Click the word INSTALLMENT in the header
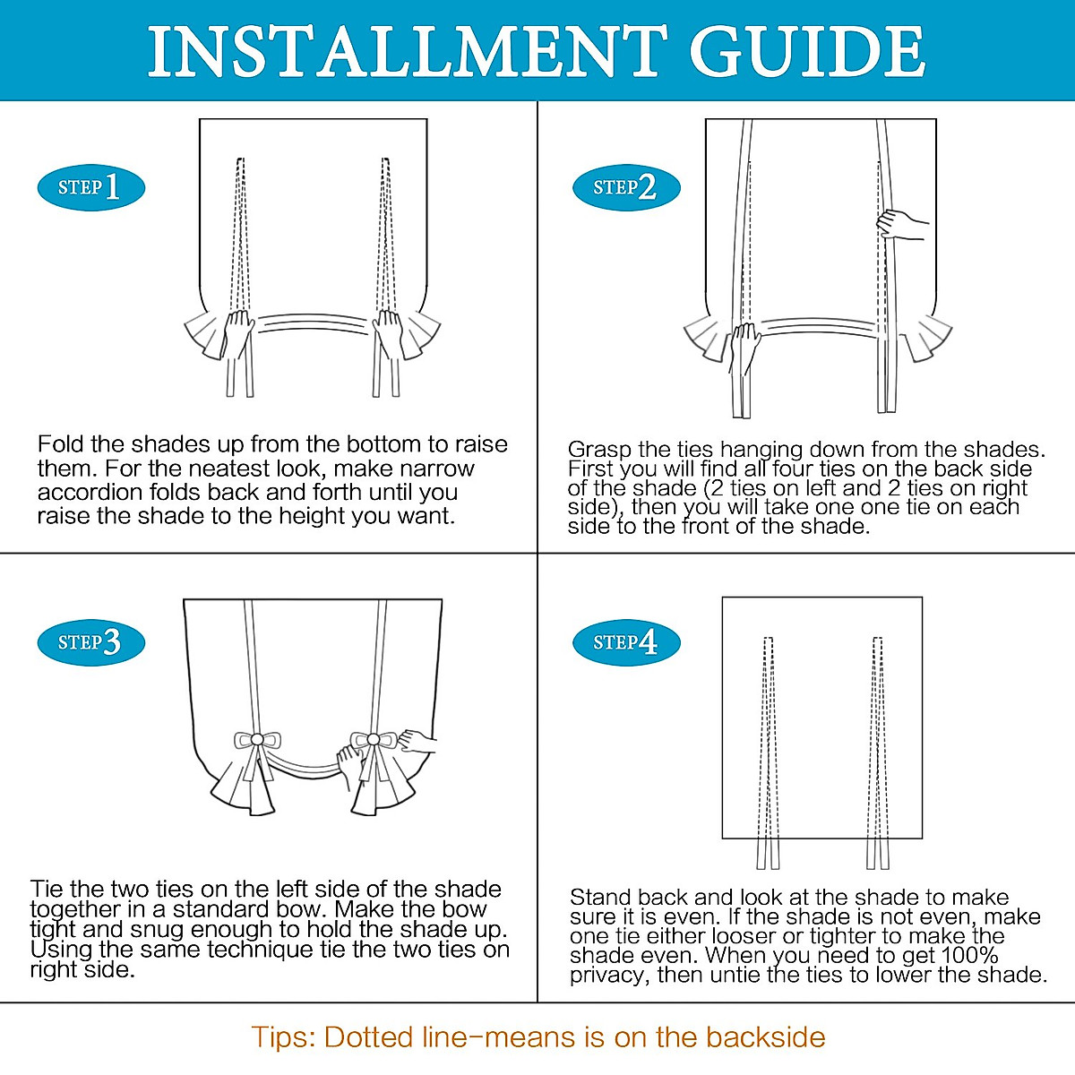(408, 51)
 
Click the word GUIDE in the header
(807, 51)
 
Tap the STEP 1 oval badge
(91, 187)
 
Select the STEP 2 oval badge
(626, 187)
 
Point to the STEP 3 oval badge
(91, 642)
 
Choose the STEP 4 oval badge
(626, 642)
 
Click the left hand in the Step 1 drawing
(238, 333)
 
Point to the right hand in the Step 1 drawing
(388, 333)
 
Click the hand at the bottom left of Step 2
(744, 349)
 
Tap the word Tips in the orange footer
(283, 1038)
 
